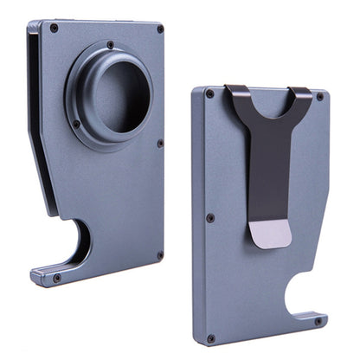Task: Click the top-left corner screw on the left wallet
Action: point(54,28)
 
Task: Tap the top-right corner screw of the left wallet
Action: point(160,29)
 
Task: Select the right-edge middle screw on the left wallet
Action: point(160,143)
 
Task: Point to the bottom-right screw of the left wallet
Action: point(159,255)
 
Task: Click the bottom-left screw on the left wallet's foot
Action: point(57,278)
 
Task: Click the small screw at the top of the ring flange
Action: point(110,44)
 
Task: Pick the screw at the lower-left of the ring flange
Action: point(76,124)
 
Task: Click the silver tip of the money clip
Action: point(275,231)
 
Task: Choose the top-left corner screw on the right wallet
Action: point(209,93)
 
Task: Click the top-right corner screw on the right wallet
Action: point(319,96)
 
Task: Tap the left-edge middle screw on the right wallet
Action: point(209,217)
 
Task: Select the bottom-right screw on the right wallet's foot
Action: point(318,321)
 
